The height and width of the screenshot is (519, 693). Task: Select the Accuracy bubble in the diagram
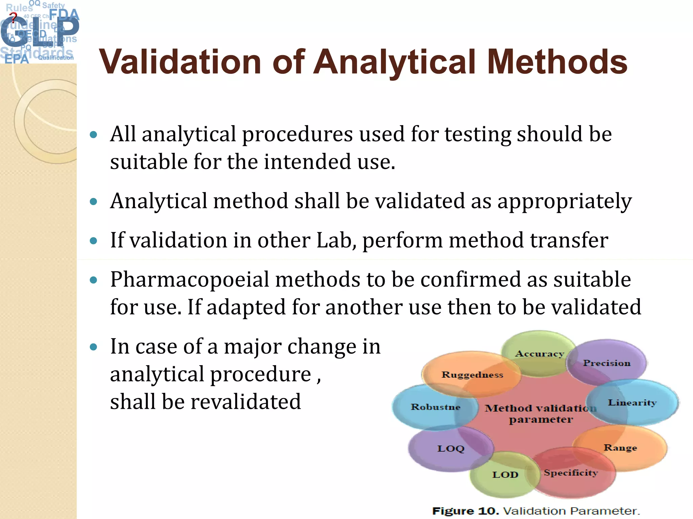pyautogui.click(x=539, y=354)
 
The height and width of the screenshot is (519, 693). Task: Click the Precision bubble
pyautogui.click(x=607, y=363)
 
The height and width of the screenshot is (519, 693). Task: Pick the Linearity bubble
pyautogui.click(x=632, y=402)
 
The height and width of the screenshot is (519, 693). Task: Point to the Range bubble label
pyautogui.click(x=620, y=448)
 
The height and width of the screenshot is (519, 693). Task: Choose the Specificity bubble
pyautogui.click(x=571, y=473)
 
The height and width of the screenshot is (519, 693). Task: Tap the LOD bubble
pyautogui.click(x=505, y=475)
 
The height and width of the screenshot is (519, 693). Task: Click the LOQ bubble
pyautogui.click(x=451, y=449)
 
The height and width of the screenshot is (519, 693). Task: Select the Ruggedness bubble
pyautogui.click(x=472, y=375)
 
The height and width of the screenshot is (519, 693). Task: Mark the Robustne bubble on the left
pyautogui.click(x=435, y=407)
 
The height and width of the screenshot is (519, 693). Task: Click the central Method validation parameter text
pyautogui.click(x=540, y=414)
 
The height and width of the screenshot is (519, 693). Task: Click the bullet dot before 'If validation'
pyautogui.click(x=93, y=241)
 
